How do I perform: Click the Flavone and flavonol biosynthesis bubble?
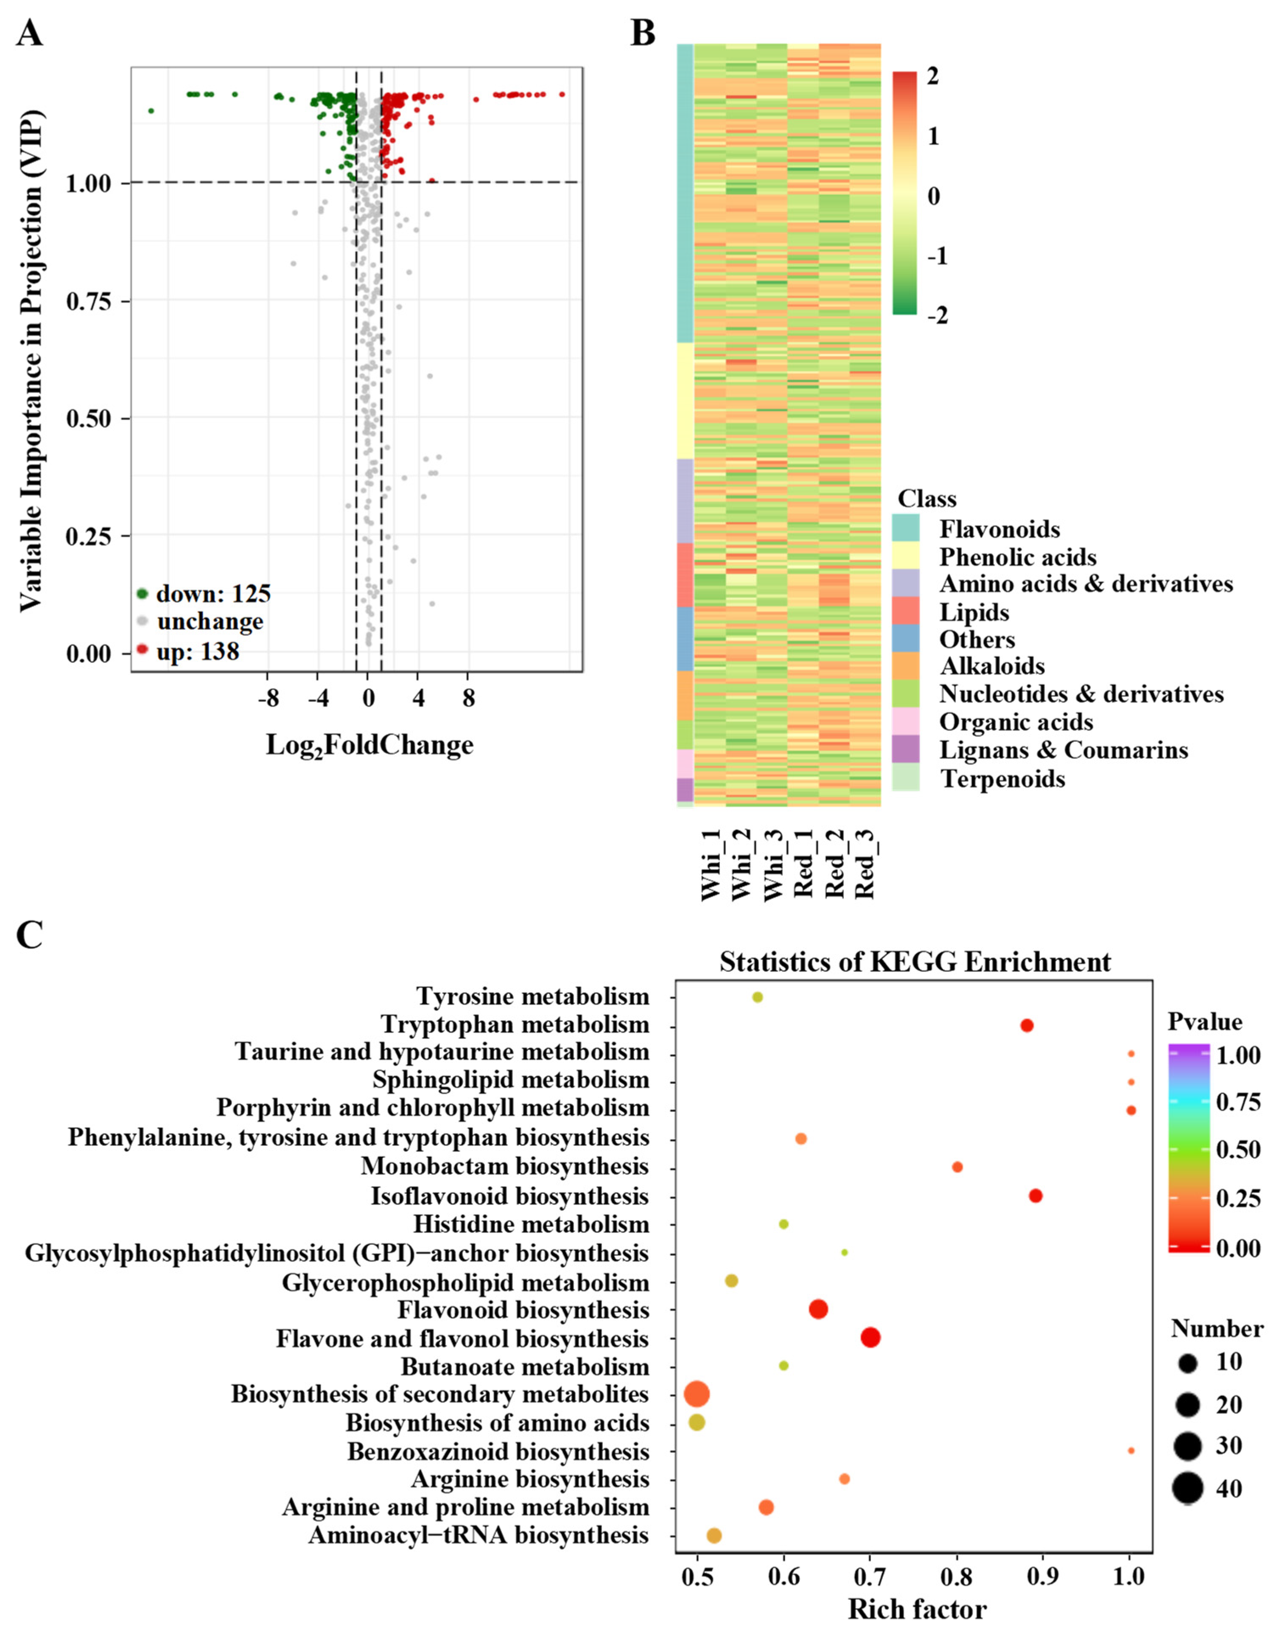(x=870, y=1337)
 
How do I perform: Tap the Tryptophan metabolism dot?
(x=1027, y=1025)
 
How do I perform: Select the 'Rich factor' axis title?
(x=917, y=1608)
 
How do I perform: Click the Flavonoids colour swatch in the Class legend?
(x=906, y=529)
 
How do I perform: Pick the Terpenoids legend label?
(x=1003, y=779)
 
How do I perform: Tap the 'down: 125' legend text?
(x=213, y=594)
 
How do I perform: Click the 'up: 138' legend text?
(x=198, y=652)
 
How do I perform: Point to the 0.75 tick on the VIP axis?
(x=88, y=301)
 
